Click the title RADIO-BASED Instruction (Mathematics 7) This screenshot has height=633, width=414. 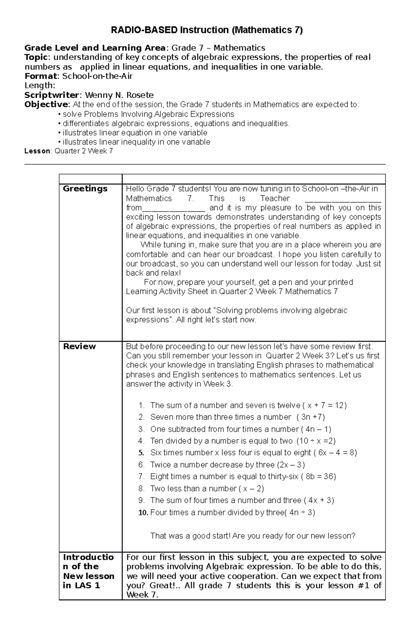(206, 30)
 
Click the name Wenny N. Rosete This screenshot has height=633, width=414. (119, 95)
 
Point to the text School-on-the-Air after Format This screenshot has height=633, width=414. (97, 76)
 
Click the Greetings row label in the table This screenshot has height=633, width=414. (85, 189)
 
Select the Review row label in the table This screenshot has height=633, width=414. (79, 346)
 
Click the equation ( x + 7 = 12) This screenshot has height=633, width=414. (324, 405)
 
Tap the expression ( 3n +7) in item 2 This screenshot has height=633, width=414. (310, 417)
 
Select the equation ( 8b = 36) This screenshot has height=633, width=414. (318, 476)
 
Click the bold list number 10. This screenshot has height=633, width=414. (143, 513)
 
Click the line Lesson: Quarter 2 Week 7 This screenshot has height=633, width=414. (69, 151)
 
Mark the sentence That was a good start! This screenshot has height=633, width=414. (190, 536)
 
